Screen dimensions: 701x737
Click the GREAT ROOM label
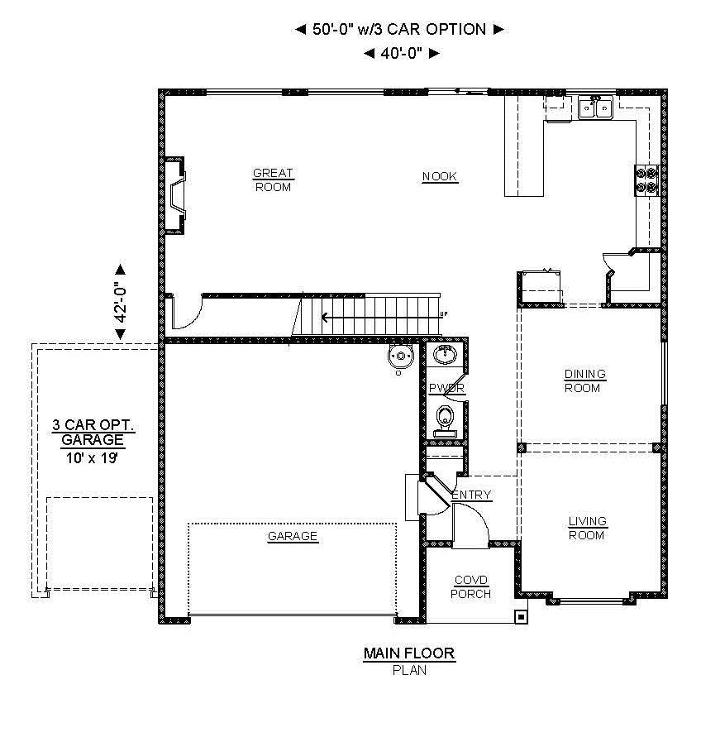point(273,180)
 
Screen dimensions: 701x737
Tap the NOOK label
point(440,177)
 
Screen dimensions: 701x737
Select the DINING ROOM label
point(584,381)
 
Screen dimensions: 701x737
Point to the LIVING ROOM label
point(587,529)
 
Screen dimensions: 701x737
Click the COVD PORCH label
point(471,587)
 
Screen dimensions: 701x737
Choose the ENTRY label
point(471,495)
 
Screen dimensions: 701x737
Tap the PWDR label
point(447,388)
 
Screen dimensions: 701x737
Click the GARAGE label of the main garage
point(293,536)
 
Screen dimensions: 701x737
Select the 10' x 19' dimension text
point(91,457)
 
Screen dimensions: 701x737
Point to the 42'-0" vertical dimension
point(121,302)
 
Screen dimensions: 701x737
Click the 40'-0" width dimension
point(403,53)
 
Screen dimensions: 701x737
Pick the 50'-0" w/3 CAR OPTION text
point(399,29)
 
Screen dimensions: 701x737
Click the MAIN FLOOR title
point(409,653)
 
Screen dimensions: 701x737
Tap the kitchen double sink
point(595,108)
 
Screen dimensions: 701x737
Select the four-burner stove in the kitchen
point(647,180)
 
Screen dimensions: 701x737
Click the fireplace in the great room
point(174,195)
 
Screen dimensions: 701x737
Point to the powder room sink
point(445,354)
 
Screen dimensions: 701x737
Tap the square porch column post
point(521,616)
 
